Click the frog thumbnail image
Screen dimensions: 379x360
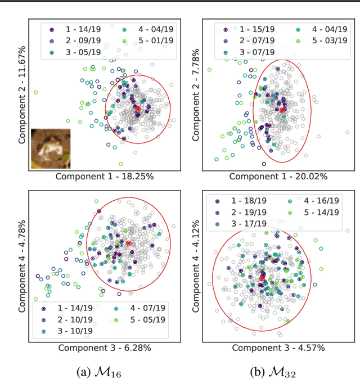click(51, 148)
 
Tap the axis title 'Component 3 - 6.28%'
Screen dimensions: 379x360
click(104, 348)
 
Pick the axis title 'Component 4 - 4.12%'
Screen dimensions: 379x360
click(197, 267)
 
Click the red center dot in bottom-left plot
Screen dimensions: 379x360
click(128, 243)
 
